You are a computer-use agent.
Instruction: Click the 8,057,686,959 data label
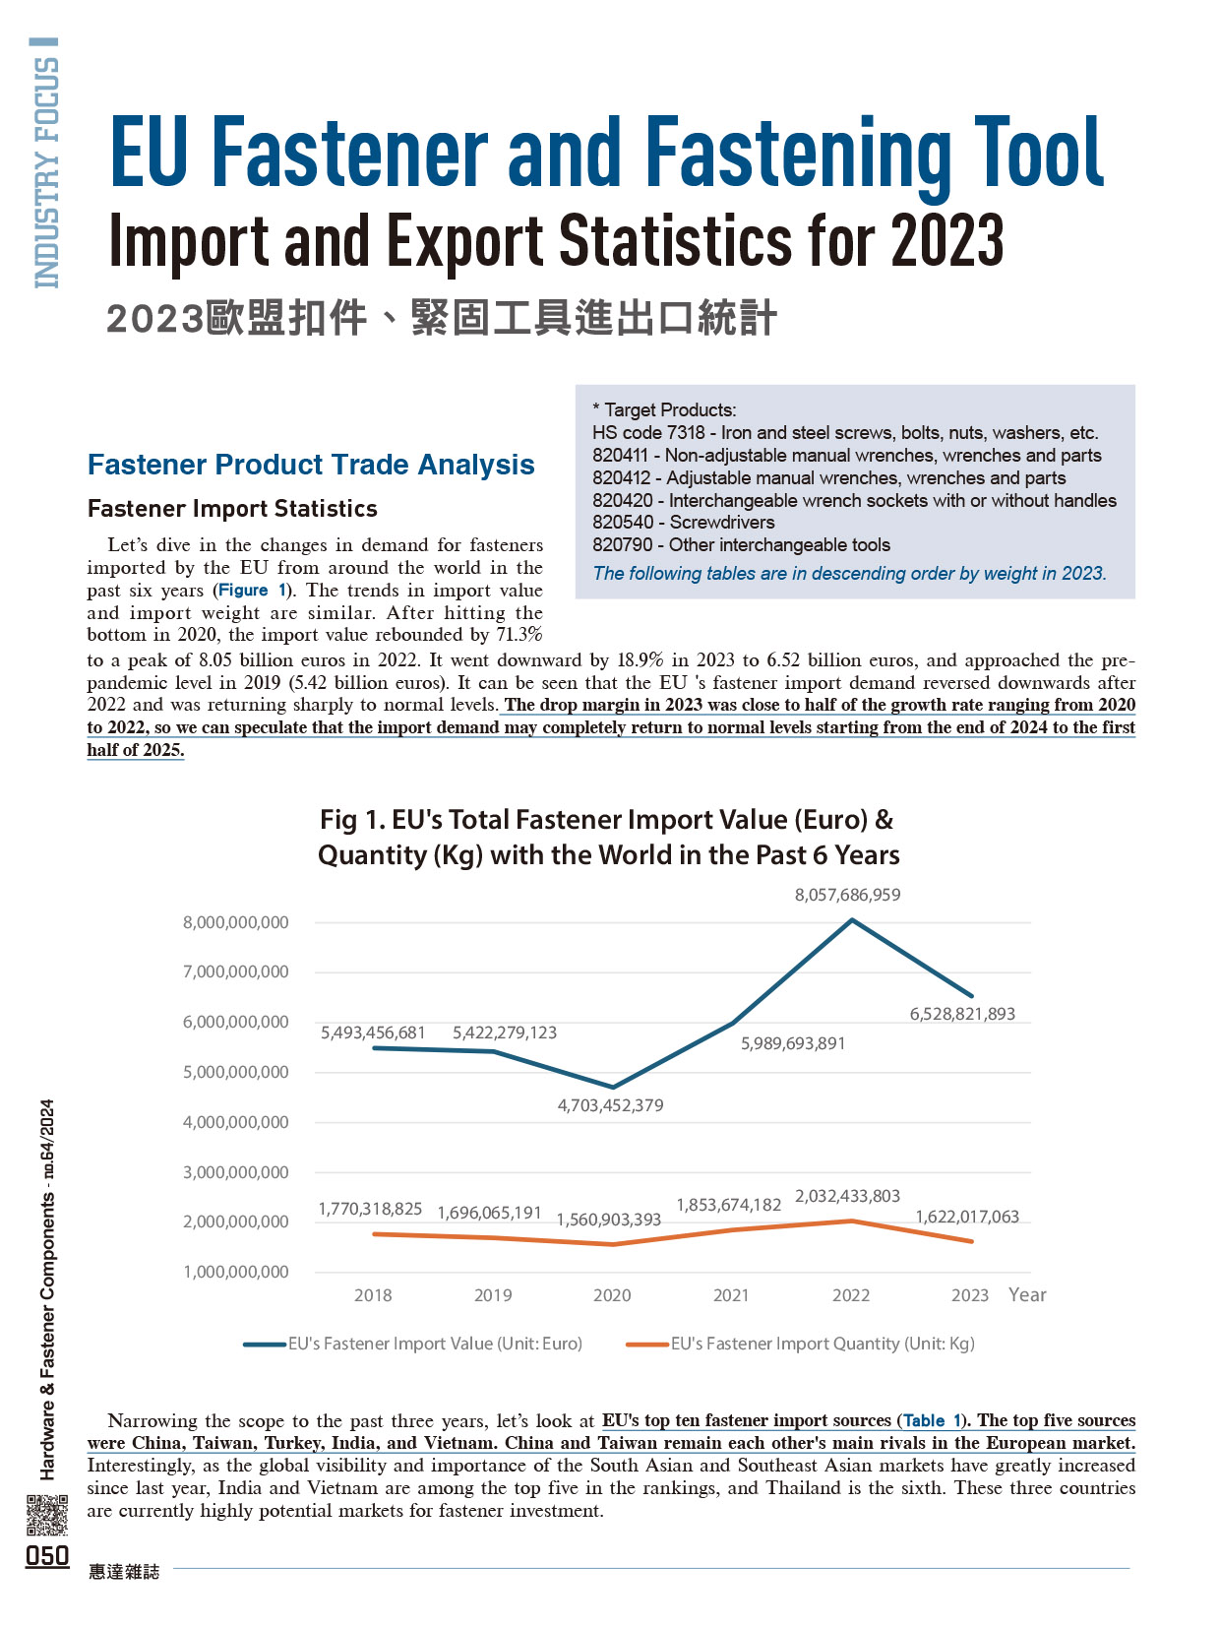point(847,895)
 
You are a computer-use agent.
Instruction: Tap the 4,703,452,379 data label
point(610,1105)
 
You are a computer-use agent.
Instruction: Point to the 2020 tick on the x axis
point(612,1295)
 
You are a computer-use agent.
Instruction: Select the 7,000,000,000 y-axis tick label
point(236,971)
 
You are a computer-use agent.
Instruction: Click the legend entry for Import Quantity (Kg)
point(801,1344)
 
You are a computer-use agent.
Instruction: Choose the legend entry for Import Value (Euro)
point(413,1344)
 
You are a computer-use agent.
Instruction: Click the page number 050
point(47,1555)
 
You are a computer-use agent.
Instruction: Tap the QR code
point(47,1515)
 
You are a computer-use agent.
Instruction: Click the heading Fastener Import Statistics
point(232,508)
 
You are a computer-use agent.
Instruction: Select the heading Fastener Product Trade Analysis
point(311,465)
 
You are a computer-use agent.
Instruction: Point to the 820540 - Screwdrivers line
point(684,522)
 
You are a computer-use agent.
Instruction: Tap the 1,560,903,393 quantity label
point(608,1220)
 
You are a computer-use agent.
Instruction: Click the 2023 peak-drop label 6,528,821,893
point(962,1014)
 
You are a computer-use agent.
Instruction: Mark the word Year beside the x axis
point(1027,1294)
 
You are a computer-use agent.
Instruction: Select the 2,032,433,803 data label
point(847,1196)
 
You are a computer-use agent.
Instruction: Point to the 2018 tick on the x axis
point(373,1295)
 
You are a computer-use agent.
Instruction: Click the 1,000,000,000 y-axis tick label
point(236,1272)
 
